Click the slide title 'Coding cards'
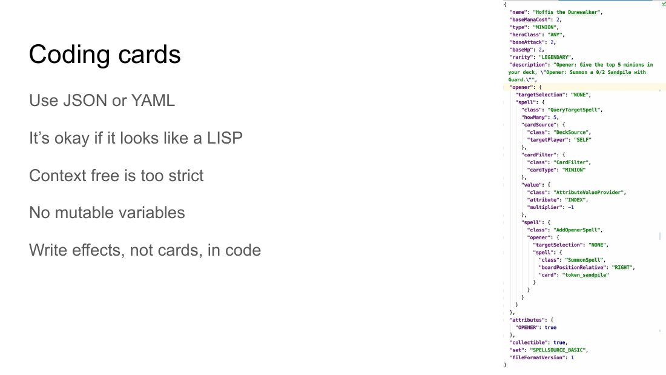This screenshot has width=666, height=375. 105,55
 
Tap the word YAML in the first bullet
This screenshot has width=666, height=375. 153,101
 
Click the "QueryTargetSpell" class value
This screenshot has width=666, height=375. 574,110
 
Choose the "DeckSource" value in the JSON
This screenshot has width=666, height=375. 571,132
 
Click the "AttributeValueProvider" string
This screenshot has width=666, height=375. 589,193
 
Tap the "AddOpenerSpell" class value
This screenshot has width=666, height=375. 577,230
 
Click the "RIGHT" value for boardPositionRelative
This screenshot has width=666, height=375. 622,267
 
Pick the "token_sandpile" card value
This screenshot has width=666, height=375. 585,275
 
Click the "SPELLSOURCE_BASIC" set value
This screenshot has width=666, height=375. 558,350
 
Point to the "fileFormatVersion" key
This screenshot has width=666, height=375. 537,357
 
